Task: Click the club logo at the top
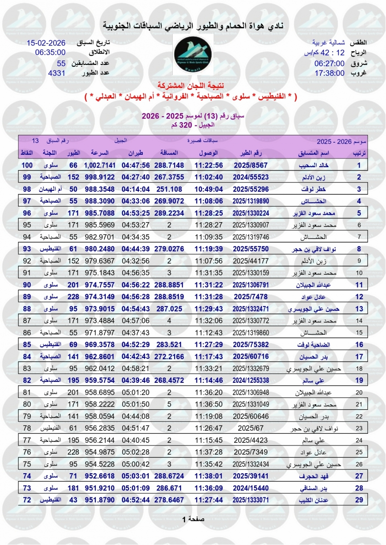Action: [193, 54]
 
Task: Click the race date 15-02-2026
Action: [46, 43]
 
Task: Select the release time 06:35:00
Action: [50, 53]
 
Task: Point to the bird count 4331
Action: [57, 73]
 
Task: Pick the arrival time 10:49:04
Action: [209, 189]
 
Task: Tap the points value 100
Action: [28, 165]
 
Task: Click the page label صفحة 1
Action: [193, 519]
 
